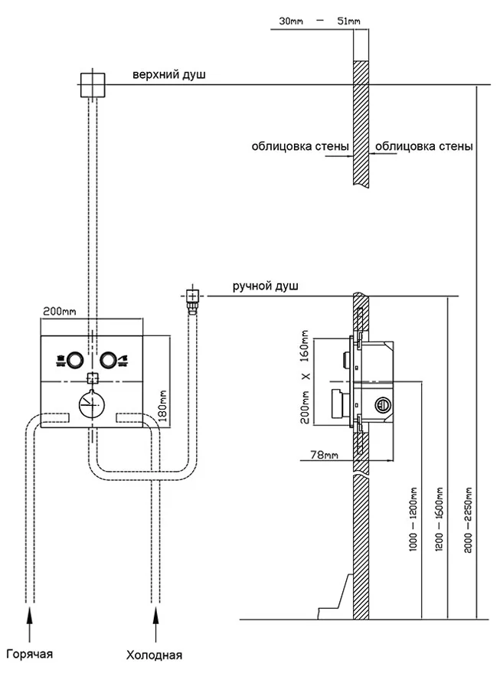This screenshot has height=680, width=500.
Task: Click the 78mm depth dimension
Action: [x=323, y=455]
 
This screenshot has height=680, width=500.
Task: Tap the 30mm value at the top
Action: [x=290, y=20]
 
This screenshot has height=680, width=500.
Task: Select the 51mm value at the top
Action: [x=348, y=20]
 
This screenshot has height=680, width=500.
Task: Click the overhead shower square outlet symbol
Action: [x=91, y=83]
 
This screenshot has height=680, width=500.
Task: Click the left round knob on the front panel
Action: [x=74, y=358]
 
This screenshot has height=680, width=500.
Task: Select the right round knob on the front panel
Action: [x=109, y=358]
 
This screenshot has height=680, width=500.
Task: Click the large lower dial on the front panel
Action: [x=92, y=403]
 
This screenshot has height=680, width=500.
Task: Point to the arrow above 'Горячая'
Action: [x=31, y=620]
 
